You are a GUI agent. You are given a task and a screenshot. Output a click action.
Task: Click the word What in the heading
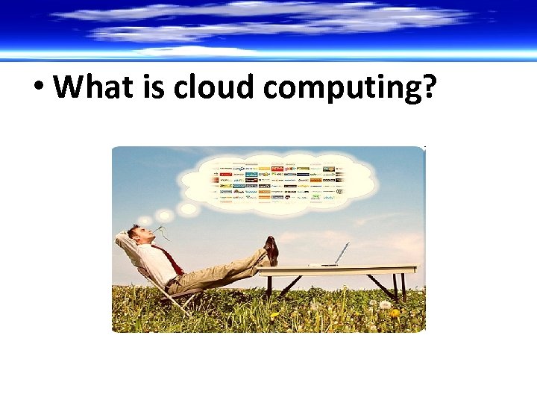coord(91,87)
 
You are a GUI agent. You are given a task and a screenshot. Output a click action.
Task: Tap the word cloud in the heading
coord(215,87)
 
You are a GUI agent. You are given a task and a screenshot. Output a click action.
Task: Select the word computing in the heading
coord(342,89)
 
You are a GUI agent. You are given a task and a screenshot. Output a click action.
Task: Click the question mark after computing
coord(427,87)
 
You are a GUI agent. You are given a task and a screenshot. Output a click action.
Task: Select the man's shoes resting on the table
coord(271,250)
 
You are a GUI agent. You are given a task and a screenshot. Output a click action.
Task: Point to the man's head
coord(136,235)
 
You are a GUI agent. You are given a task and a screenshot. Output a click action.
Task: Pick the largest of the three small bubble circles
coord(186,210)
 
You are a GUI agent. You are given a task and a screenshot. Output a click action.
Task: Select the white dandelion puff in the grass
coord(385,304)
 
